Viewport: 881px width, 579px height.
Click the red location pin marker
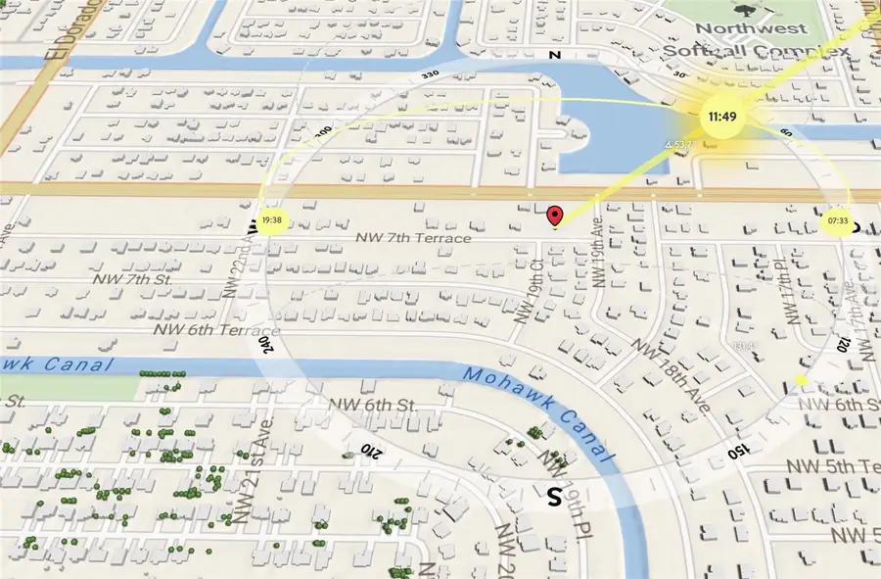(555, 217)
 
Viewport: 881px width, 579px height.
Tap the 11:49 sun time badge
(722, 117)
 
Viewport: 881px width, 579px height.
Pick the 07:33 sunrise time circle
(836, 221)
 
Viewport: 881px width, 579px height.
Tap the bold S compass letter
(554, 497)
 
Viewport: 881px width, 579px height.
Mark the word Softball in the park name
(705, 50)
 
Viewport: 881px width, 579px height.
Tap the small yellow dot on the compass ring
(801, 380)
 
